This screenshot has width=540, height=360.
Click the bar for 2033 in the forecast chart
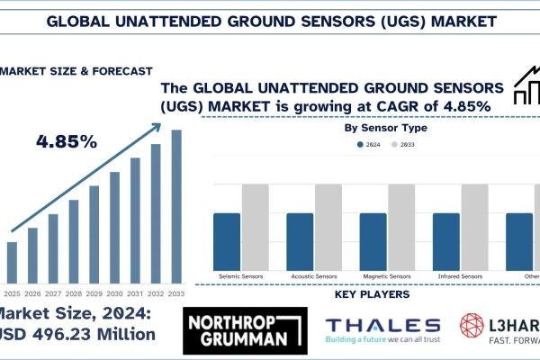point(176,207)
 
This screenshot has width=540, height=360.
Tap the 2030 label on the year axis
point(114,292)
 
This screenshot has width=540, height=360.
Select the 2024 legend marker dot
point(360,144)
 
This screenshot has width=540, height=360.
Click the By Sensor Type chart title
point(387,128)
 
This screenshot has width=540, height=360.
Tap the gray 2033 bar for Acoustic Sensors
point(328,225)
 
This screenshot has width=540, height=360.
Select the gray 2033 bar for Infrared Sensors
point(474,225)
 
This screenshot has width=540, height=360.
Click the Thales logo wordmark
point(382,326)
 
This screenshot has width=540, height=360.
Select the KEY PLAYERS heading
point(371,294)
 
